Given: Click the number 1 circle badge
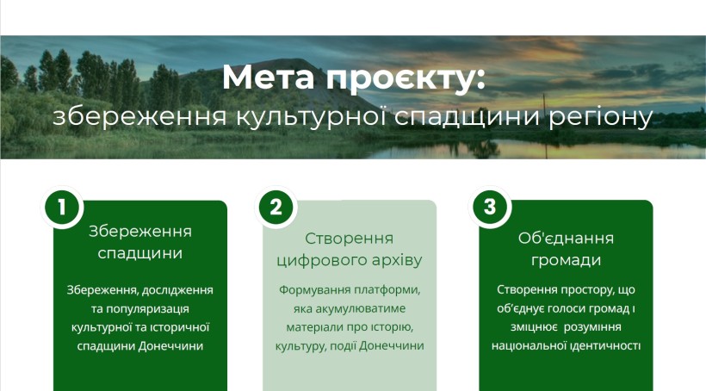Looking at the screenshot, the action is tap(62, 208).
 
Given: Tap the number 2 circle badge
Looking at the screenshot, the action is tap(276, 208).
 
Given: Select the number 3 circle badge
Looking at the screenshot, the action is tap(489, 208).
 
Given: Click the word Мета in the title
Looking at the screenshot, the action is tap(269, 78).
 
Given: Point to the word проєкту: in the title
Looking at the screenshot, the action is tap(406, 80).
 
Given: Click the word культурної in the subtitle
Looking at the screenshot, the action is tap(311, 117).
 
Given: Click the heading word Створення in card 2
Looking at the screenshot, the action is tap(349, 239).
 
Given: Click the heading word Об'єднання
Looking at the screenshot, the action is tap(566, 238).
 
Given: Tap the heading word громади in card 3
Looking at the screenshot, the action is tap(566, 261).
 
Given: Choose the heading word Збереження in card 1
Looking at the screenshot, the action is tap(140, 232).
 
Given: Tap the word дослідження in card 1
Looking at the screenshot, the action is tap(177, 290).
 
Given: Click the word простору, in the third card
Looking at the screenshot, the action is tap(585, 290).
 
